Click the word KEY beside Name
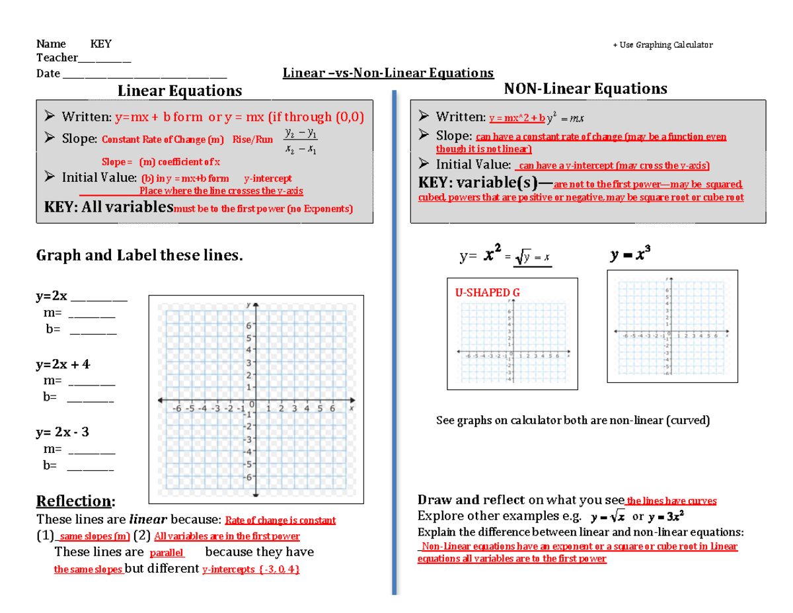tap(101, 44)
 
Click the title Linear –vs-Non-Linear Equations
tap(388, 73)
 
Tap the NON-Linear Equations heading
tap(585, 89)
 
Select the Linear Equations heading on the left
tap(179, 90)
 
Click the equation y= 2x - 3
tap(62, 432)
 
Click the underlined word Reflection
tap(75, 501)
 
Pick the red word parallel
tap(167, 553)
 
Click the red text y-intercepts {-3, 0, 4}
tap(251, 569)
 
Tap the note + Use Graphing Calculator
tap(663, 45)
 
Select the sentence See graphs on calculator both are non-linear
tap(573, 421)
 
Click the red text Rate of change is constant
tap(281, 520)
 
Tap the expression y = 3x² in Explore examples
tap(665, 516)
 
